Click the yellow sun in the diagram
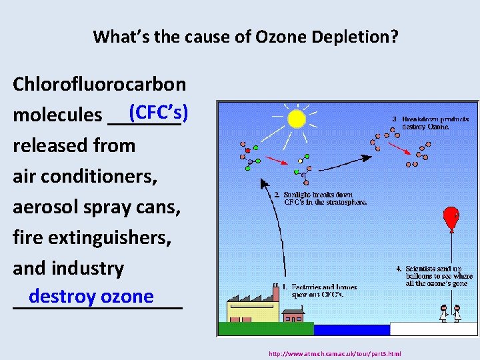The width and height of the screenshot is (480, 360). tap(296, 119)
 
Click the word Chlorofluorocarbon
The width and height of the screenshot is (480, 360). tap(99, 84)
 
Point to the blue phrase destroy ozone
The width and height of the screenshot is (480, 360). tap(91, 296)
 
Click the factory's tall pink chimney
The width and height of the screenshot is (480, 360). tap(275, 294)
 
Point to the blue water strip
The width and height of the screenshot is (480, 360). tap(351, 329)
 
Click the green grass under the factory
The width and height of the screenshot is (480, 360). tap(265, 329)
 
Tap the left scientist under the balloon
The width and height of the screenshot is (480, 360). tap(443, 312)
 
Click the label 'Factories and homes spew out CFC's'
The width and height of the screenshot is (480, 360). tap(319, 291)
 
